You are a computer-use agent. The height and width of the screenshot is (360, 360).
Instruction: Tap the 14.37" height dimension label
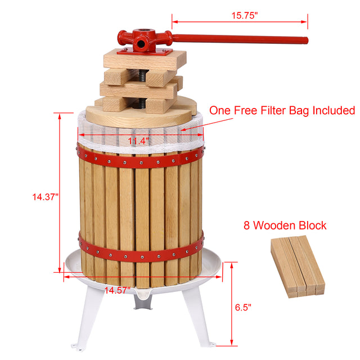click(46, 196)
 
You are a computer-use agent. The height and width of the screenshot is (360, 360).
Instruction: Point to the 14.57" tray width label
click(118, 290)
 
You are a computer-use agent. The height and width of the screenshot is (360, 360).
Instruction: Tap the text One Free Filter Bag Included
click(282, 110)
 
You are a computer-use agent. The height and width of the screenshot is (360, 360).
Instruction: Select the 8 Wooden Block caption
click(285, 226)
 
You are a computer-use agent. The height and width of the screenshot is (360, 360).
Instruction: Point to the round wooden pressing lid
click(141, 116)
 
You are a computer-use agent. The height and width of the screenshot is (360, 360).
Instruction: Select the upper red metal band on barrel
click(141, 163)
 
